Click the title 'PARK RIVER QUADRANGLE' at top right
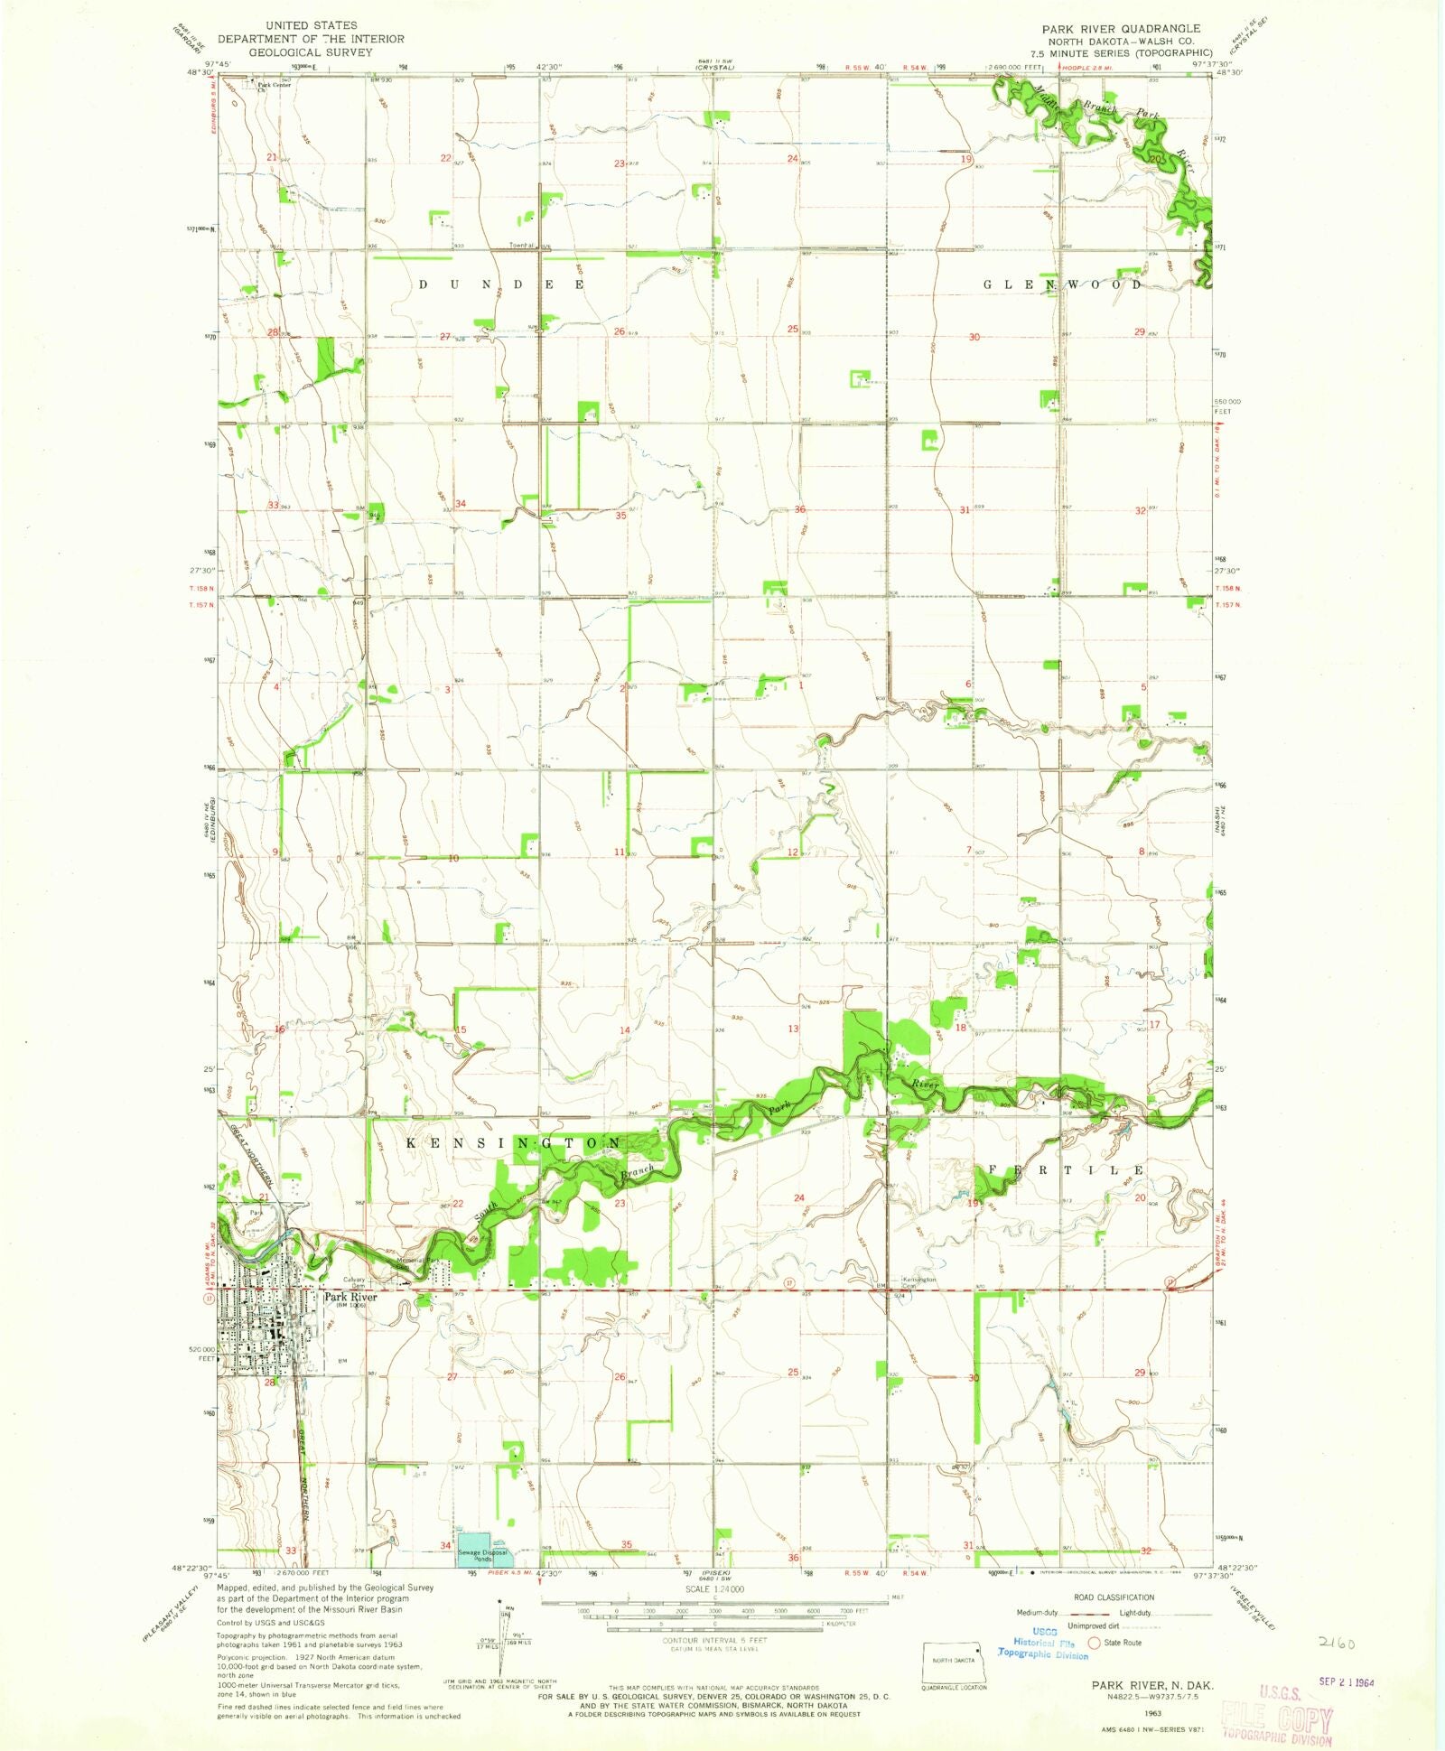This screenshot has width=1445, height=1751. coord(1121,28)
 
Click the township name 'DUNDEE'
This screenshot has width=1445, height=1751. coord(502,284)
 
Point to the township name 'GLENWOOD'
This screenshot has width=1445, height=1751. coord(1062,284)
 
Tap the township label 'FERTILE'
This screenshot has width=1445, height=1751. coord(1066,1170)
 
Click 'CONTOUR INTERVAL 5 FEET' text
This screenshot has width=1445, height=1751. coord(713,1640)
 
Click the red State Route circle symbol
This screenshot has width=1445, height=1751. coord(1095,1643)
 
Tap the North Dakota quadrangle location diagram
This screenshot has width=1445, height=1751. coord(955,1661)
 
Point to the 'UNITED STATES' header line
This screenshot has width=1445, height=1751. coord(311,25)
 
